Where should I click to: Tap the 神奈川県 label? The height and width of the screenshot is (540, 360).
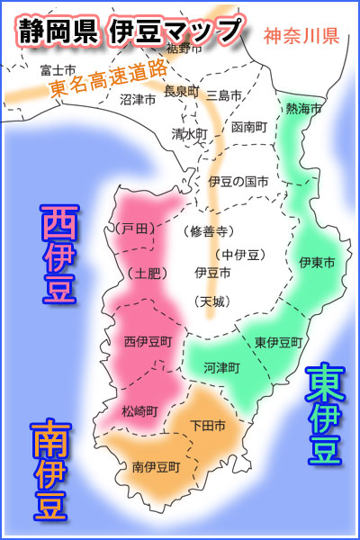(x=301, y=37)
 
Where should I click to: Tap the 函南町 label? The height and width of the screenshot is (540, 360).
(x=248, y=127)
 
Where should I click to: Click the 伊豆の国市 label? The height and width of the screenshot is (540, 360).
(x=238, y=181)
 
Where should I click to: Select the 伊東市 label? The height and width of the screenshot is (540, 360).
(x=317, y=262)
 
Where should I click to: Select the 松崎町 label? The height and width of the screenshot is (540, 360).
(x=140, y=410)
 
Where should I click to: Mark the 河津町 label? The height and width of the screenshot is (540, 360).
(x=221, y=367)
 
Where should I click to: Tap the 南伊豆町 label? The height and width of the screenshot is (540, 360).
(x=156, y=467)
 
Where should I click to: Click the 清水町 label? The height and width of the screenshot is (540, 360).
(x=189, y=133)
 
